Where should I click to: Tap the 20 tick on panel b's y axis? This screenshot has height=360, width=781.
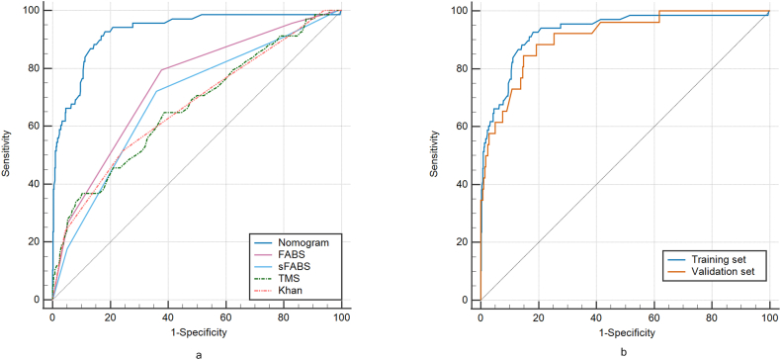tap(464, 241)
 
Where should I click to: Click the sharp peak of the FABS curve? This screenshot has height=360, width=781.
tap(161, 69)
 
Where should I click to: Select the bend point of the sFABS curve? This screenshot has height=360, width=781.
tap(156, 91)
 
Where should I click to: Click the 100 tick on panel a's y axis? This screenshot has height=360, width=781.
tap(33, 10)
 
